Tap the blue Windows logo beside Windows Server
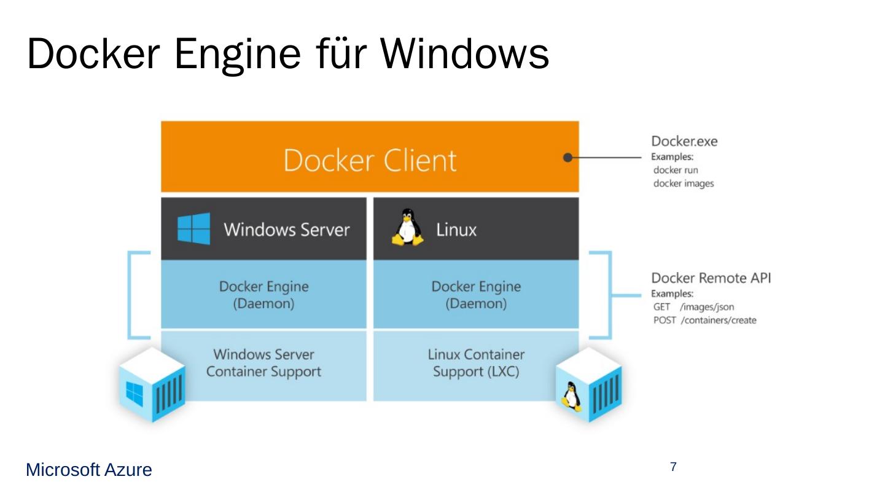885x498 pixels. point(193,229)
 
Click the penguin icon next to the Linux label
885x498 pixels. point(407,228)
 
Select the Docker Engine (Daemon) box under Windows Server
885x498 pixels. point(263,295)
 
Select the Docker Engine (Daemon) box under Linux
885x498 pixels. point(476,295)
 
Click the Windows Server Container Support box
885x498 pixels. point(264,363)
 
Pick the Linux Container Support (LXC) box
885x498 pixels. point(476,363)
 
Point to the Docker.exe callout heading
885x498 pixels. point(684,142)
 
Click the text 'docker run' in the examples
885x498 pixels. point(676,170)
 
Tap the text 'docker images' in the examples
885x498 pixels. point(684,184)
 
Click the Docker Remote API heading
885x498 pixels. point(711,278)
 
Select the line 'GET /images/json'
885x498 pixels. point(693,307)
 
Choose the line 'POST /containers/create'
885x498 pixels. point(704,321)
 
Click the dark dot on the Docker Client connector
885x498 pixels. point(568,157)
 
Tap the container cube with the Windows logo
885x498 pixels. point(152,385)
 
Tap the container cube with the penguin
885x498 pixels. point(588,385)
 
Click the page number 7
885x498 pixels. point(673,467)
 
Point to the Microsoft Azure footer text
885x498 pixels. point(88,470)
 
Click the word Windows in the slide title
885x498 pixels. point(464,54)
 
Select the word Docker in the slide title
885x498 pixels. point(94,54)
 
